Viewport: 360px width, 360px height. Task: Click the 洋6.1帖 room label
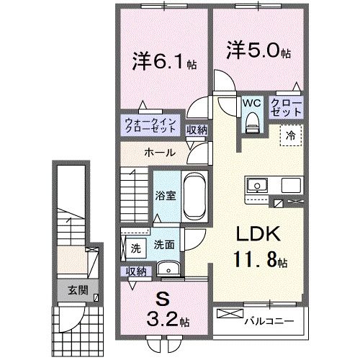[160, 62]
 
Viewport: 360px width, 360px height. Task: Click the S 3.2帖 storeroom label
[163, 309]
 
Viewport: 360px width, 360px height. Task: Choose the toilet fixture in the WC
[251, 124]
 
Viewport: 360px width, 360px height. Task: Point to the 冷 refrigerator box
[292, 134]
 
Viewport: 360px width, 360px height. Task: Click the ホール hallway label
[158, 153]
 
